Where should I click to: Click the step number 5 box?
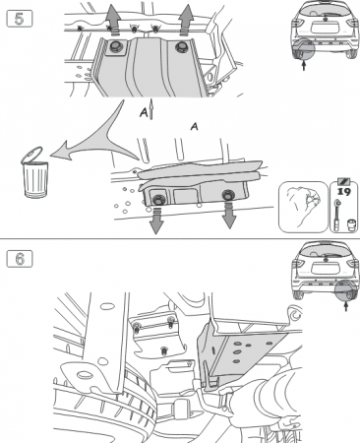(x=20, y=19)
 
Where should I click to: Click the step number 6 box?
(x=20, y=259)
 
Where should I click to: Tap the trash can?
(x=34, y=172)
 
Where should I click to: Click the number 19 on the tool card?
(x=344, y=192)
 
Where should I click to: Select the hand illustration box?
(x=303, y=208)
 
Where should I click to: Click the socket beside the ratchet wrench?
(x=351, y=224)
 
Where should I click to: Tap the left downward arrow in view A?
(x=156, y=221)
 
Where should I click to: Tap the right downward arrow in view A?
(x=229, y=216)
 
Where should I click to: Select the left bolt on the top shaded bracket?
(x=115, y=46)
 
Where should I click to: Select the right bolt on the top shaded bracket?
(x=181, y=47)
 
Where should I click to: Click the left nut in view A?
(x=158, y=200)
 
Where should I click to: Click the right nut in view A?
(x=228, y=195)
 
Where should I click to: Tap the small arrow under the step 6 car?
(x=346, y=307)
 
